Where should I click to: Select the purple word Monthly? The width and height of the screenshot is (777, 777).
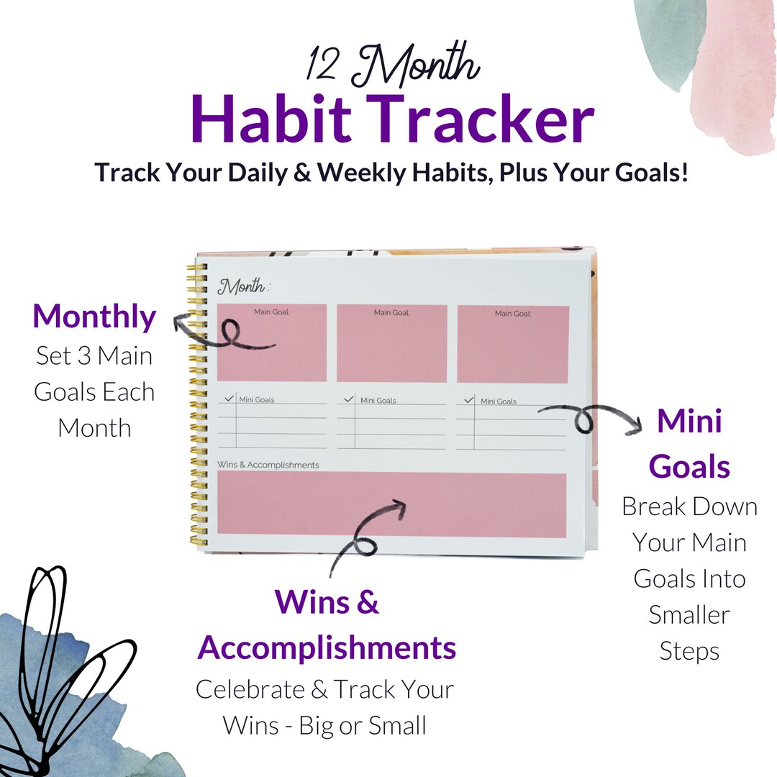[94, 317]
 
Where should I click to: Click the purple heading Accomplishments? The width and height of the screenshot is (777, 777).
[327, 647]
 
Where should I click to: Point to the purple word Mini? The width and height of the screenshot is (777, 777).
[689, 422]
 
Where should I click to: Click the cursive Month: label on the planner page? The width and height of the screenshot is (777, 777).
[243, 286]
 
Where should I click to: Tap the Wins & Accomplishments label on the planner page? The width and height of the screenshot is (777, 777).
[268, 465]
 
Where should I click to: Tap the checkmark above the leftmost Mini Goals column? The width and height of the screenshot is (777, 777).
[230, 396]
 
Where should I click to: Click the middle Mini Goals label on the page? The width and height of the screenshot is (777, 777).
[378, 401]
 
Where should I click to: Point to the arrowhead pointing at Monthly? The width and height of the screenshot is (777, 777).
[178, 323]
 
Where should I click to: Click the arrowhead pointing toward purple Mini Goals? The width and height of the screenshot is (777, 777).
[635, 427]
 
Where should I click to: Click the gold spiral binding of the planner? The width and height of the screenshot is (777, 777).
[196, 403]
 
